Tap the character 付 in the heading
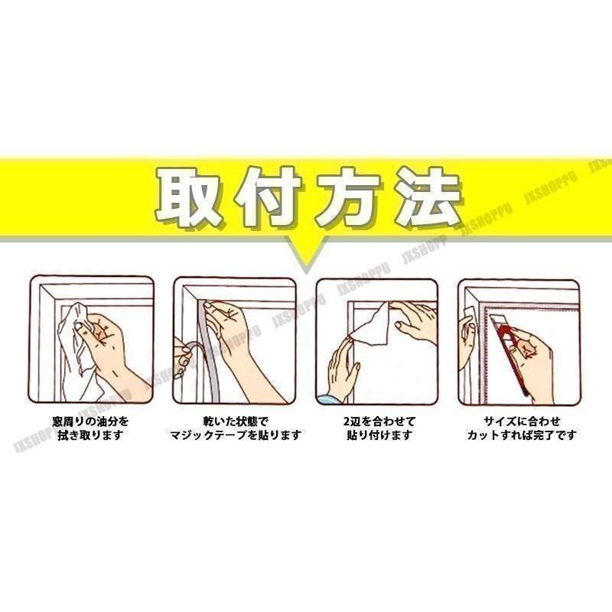(267, 197)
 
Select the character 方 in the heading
(347, 197)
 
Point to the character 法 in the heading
(428, 197)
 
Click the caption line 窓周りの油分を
(90, 422)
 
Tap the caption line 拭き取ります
(90, 435)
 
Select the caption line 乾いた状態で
(236, 422)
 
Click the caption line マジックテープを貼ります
(236, 435)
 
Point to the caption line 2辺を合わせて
(379, 422)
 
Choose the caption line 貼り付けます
(379, 435)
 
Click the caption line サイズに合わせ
(522, 422)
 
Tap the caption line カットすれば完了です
(522, 435)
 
